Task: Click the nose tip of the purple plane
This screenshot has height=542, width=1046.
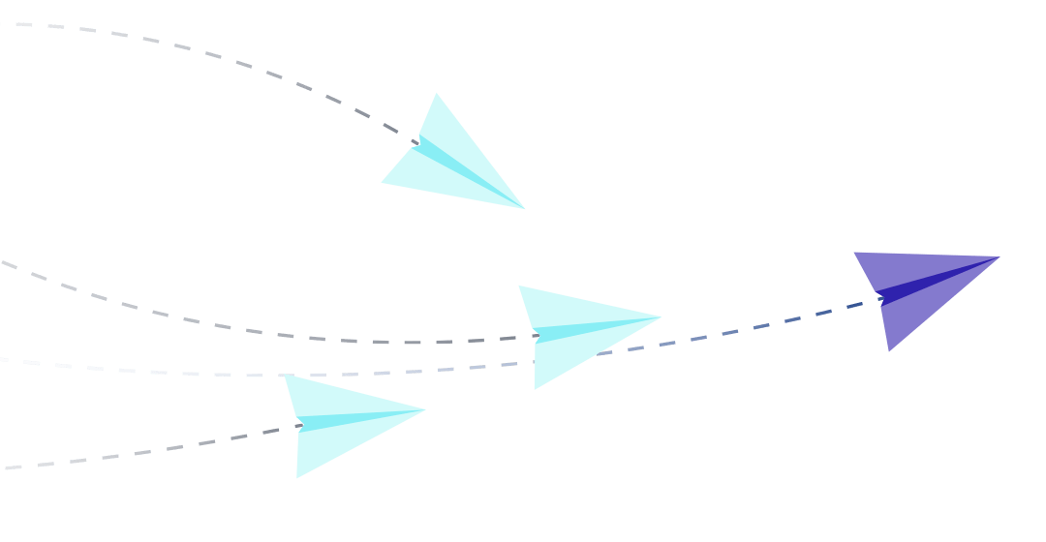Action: [x=996, y=257]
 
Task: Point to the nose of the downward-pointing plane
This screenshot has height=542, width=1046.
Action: [x=523, y=208]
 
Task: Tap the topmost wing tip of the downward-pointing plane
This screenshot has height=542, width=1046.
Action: [x=437, y=94]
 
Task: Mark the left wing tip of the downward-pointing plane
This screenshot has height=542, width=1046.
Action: [x=383, y=181]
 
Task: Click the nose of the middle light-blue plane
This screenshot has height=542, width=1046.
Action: [x=660, y=316]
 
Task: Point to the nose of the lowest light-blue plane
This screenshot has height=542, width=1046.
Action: [x=423, y=410]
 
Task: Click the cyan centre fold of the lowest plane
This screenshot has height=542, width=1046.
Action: [x=349, y=419]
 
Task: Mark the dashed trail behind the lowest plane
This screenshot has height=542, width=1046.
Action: [x=145, y=452]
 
